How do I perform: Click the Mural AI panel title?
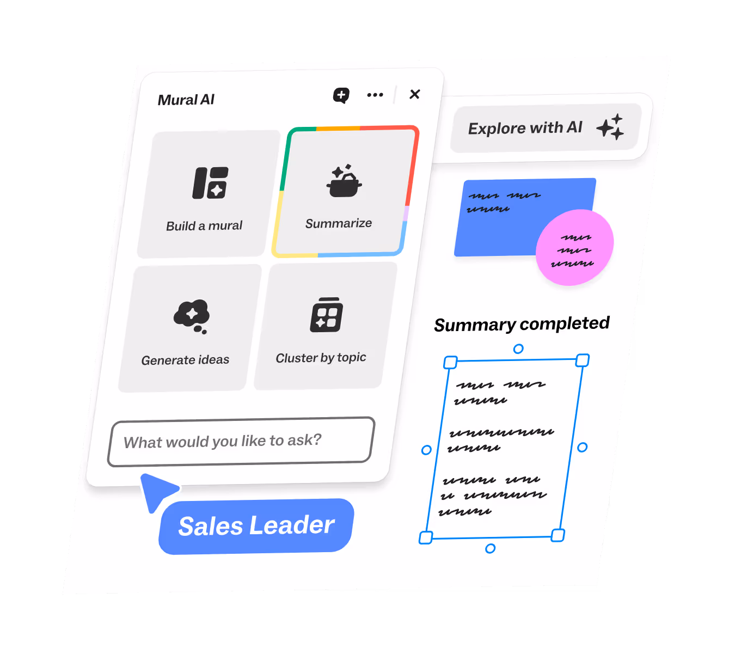186,100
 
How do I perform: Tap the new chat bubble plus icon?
341,95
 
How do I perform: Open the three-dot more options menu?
375,95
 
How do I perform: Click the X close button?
414,94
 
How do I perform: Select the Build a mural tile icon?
210,183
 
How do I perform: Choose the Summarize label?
339,223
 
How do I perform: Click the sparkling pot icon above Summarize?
344,181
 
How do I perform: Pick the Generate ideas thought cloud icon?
192,316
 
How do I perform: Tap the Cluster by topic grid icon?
326,315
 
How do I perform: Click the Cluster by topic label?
321,358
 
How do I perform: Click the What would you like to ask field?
241,441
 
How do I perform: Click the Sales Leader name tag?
256,526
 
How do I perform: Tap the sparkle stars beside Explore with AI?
610,127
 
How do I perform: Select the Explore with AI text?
525,128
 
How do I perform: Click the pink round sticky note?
574,247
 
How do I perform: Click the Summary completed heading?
522,324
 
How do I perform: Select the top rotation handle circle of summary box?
518,349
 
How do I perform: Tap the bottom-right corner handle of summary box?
558,535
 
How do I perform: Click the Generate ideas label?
185,360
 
